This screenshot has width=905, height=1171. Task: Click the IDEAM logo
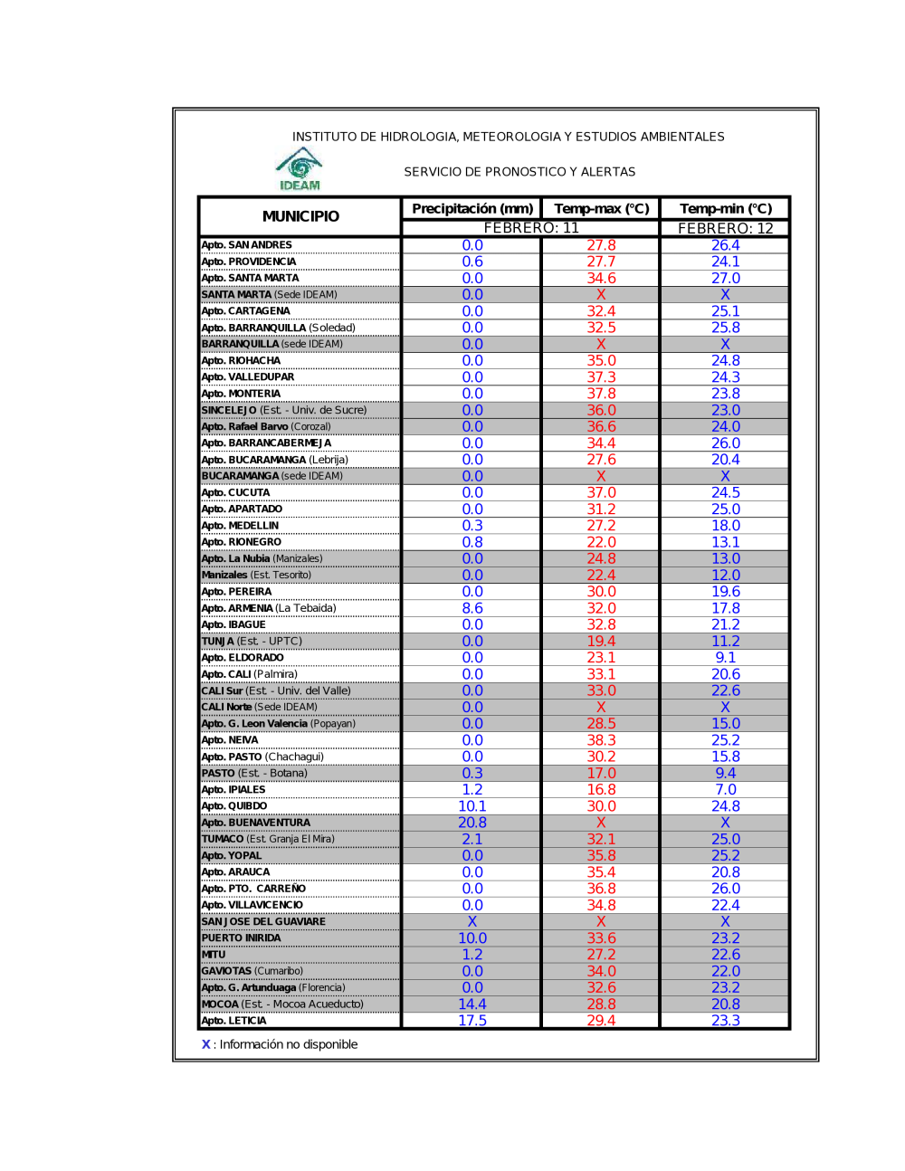pyautogui.click(x=300, y=169)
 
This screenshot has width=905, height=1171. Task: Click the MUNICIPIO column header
pyautogui.click(x=300, y=216)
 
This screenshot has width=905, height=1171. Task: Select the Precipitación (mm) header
pyautogui.click(x=472, y=209)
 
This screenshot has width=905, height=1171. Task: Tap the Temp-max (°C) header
pyautogui.click(x=601, y=209)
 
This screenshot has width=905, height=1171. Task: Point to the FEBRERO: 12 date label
pyautogui.click(x=725, y=229)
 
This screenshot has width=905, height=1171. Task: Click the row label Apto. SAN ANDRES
pyautogui.click(x=247, y=245)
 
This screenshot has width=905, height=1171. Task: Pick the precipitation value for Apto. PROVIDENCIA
pyautogui.click(x=472, y=262)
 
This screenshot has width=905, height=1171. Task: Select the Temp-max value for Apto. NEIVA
pyautogui.click(x=601, y=740)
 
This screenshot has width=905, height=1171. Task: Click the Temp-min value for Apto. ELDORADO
pyautogui.click(x=725, y=658)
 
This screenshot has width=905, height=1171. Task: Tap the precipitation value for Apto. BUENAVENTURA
pyautogui.click(x=472, y=823)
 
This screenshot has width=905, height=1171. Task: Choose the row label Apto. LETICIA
pyautogui.click(x=234, y=1021)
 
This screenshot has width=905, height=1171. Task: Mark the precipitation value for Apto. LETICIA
pyautogui.click(x=472, y=1021)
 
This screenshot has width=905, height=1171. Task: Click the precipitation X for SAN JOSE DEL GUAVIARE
pyautogui.click(x=472, y=921)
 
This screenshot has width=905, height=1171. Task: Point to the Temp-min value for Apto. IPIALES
pyautogui.click(x=725, y=790)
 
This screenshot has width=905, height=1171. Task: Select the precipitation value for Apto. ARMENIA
pyautogui.click(x=472, y=608)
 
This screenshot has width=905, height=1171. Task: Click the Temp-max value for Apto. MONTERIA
pyautogui.click(x=601, y=394)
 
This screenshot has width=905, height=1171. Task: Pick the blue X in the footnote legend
pyautogui.click(x=205, y=1044)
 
